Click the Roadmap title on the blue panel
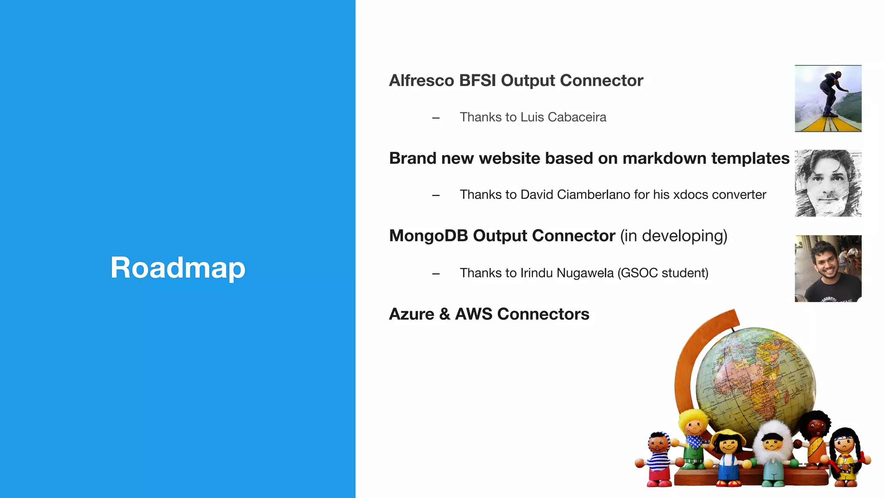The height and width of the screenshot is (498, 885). pyautogui.click(x=178, y=268)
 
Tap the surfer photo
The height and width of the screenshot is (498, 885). pyautogui.click(x=828, y=99)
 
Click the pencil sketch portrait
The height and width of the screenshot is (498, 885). pyautogui.click(x=828, y=183)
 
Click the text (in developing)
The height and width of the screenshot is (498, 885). pyautogui.click(x=673, y=236)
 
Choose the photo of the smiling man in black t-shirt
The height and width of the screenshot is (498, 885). pyautogui.click(x=828, y=268)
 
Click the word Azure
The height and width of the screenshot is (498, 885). pyautogui.click(x=411, y=314)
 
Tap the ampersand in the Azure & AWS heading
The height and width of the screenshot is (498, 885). pyautogui.click(x=445, y=314)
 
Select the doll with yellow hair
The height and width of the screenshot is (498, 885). pyautogui.click(x=694, y=437)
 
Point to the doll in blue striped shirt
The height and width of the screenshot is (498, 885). pyautogui.click(x=659, y=458)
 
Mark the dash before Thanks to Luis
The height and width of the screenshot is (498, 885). pyautogui.click(x=436, y=118)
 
